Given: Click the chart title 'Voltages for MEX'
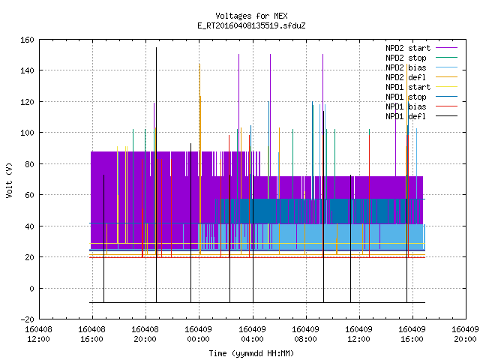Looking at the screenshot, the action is pyautogui.click(x=251, y=16).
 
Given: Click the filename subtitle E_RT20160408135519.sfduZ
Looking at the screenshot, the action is pyautogui.click(x=251, y=25).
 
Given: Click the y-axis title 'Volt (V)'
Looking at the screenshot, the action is pyautogui.click(x=9, y=180).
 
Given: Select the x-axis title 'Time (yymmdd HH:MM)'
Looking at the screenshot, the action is pyautogui.click(x=251, y=353).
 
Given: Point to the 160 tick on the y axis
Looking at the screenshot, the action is pyautogui.click(x=27, y=40).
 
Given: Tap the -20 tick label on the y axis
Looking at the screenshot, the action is pyautogui.click(x=27, y=319).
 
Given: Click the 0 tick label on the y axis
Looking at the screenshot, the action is pyautogui.click(x=31, y=288).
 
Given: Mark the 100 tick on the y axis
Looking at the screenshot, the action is pyautogui.click(x=27, y=133).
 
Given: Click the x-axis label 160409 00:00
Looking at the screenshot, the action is pyautogui.click(x=198, y=334).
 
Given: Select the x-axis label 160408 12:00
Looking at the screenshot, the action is pyautogui.click(x=38, y=334).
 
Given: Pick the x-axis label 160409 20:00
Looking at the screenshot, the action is pyautogui.click(x=465, y=334).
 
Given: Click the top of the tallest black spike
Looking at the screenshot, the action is pyautogui.click(x=157, y=47).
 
